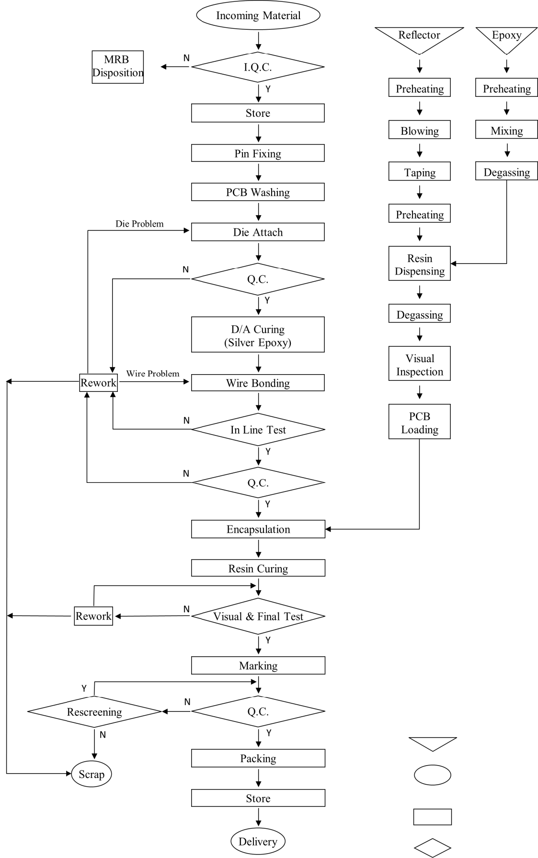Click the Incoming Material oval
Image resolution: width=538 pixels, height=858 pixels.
coord(258,15)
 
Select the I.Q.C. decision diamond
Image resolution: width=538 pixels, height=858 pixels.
coord(258,67)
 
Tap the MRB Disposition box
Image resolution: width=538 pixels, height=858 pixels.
coord(117,67)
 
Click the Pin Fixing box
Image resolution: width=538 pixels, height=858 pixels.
coord(258,153)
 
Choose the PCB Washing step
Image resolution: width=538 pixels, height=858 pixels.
coord(258,192)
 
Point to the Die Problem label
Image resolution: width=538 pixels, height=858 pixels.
coord(139,224)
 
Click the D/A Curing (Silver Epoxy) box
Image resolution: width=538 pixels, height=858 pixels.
coord(258,335)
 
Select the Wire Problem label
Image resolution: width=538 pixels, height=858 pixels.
coord(153,374)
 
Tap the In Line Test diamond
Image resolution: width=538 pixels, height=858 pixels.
coord(258,430)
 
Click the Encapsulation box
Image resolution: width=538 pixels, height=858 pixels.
coord(258,529)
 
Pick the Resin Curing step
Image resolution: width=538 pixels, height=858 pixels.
coord(258,568)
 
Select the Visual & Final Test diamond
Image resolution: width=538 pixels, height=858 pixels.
coord(258,616)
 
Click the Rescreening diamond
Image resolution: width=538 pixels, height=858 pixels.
coord(94,712)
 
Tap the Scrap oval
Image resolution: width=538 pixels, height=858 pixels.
coord(91,774)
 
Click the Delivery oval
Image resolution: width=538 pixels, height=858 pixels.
coord(258,842)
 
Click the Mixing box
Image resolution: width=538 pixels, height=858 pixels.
coord(506,130)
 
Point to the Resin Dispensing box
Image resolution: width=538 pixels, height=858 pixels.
coord(419,264)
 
